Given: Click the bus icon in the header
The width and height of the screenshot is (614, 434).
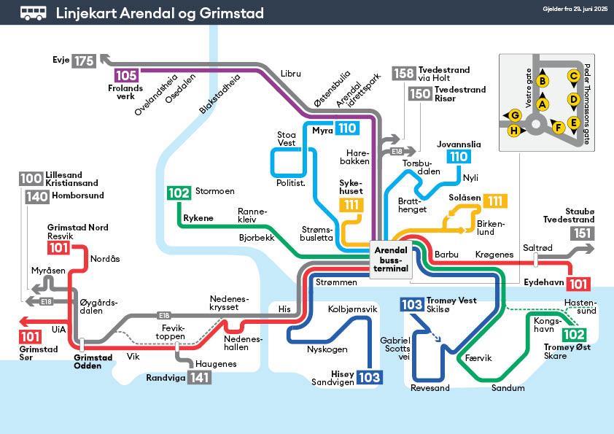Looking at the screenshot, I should (x=32, y=13).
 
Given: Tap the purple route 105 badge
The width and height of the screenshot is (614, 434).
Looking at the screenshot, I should (x=126, y=75).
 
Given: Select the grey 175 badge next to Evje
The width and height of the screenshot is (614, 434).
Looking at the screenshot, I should (x=83, y=61).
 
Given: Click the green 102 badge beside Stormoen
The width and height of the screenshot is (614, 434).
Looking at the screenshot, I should (x=179, y=193).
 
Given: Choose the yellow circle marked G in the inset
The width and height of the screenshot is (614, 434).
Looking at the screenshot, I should (x=515, y=115).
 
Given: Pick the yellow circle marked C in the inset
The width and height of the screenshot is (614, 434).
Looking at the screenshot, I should (x=573, y=76).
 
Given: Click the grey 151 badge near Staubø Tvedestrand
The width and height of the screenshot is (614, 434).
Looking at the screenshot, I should (x=581, y=233).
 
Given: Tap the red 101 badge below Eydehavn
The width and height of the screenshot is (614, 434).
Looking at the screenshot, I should (x=579, y=284).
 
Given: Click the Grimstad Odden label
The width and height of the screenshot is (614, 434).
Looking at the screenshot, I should (x=93, y=362).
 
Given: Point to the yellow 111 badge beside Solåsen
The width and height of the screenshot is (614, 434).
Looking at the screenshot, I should (x=495, y=201).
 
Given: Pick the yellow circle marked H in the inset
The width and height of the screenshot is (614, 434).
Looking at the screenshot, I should (x=515, y=131).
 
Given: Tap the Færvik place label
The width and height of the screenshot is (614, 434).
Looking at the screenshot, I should (x=478, y=358).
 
